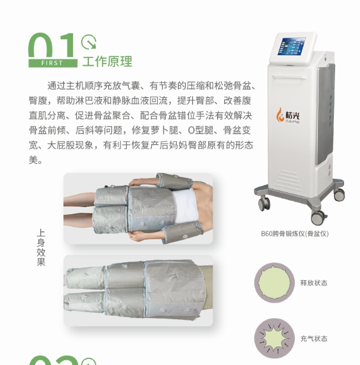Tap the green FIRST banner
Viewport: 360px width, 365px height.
point(53,62)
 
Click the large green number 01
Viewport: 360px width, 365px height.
point(53,45)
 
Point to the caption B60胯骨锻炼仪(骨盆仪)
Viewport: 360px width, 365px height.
point(294,233)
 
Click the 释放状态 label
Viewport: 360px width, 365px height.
point(313,283)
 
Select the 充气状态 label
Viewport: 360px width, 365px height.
point(313,339)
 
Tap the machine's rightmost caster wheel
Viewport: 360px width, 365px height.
point(339,194)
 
